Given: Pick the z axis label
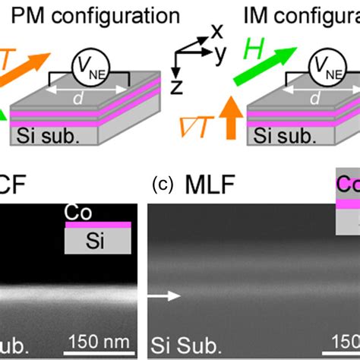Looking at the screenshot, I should pyautogui.click(x=178, y=86).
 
